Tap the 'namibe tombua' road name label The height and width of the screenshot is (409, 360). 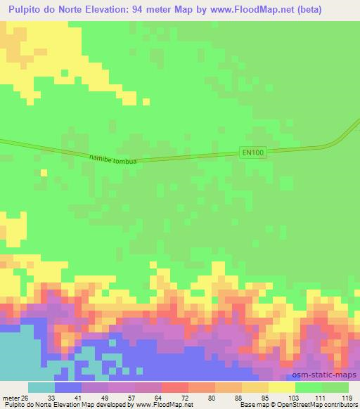(x=112, y=160)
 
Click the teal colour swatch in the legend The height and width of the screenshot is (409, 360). (x=41, y=387)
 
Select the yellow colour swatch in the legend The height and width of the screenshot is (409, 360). (x=282, y=387)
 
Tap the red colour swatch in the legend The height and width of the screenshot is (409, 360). (x=174, y=387)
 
